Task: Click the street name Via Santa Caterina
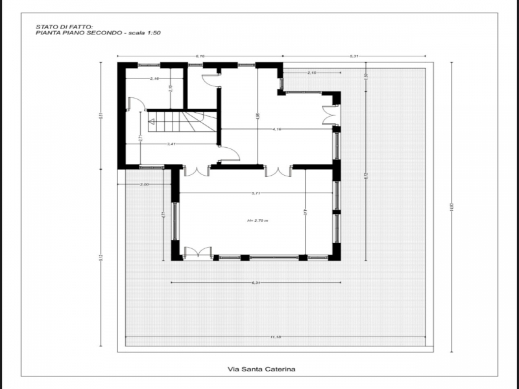pos(261,369)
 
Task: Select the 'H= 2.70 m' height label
pos(257,220)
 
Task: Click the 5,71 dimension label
pos(256,193)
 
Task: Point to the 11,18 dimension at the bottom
pos(276,337)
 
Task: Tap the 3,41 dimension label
pos(171,143)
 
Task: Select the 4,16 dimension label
pos(277,129)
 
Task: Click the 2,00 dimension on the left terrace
pos(144,185)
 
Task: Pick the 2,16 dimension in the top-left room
pos(154,78)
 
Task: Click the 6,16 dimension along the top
pos(200,57)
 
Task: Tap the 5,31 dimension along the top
pos(354,57)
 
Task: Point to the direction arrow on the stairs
pos(152,121)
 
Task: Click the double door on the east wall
pos(330,115)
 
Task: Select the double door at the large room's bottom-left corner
pos(197,253)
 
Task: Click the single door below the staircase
pos(230,154)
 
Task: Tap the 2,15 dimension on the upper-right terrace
pos(311,73)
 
